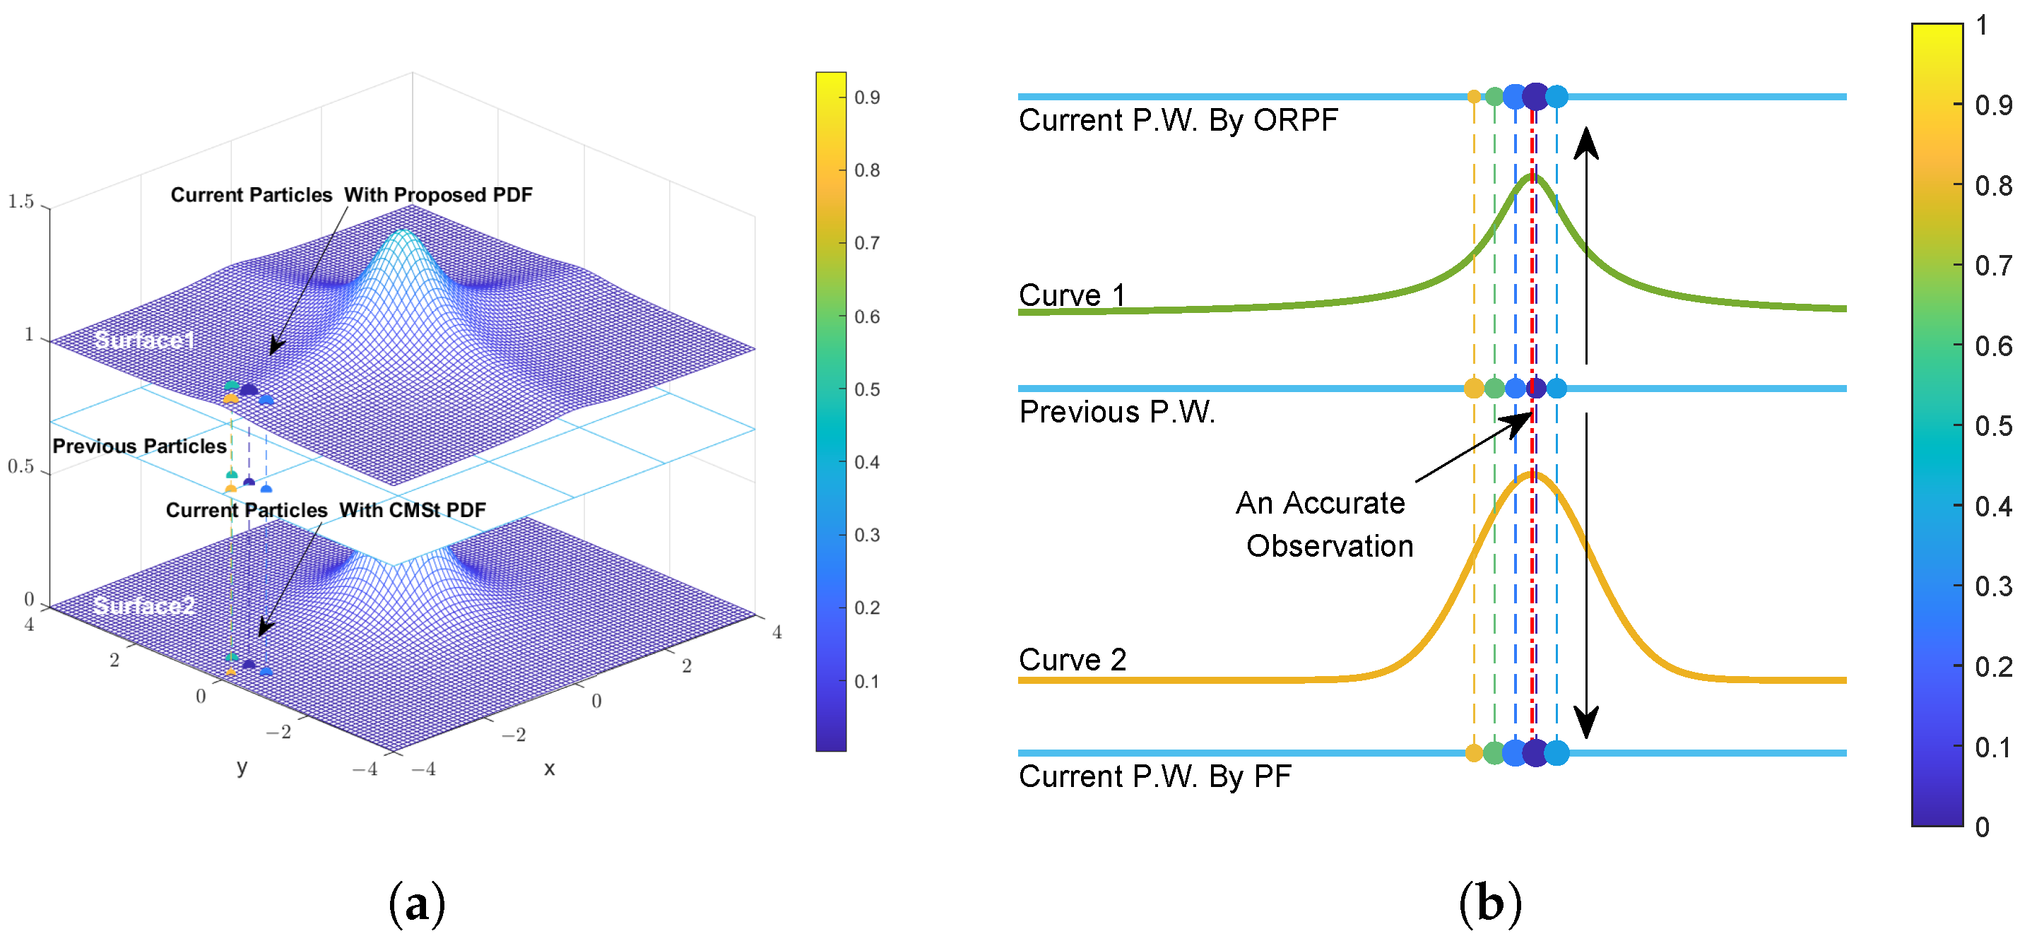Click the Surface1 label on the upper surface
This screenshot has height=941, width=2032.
[x=144, y=340]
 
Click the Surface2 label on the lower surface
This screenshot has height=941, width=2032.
[x=143, y=605]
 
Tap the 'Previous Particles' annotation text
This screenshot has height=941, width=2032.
[x=140, y=446]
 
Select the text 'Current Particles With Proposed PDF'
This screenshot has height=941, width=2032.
[x=351, y=195]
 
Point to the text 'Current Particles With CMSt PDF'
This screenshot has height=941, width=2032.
[x=325, y=510]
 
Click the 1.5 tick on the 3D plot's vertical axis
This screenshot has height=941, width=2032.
[x=21, y=202]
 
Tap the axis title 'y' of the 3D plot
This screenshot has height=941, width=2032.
[x=242, y=767]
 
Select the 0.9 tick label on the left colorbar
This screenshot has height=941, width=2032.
[x=867, y=97]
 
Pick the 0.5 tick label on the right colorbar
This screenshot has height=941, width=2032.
[x=1992, y=427]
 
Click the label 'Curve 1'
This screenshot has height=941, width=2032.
[x=1071, y=296]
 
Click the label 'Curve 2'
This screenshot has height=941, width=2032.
[x=1072, y=659]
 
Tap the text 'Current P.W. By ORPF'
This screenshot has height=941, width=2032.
[x=1178, y=121]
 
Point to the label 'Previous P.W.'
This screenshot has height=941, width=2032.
[x=1117, y=412]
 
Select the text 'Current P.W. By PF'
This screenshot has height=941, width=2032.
[x=1154, y=777]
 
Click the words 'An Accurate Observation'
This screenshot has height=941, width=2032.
[x=1323, y=524]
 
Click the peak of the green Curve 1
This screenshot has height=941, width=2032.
[x=1532, y=177]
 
